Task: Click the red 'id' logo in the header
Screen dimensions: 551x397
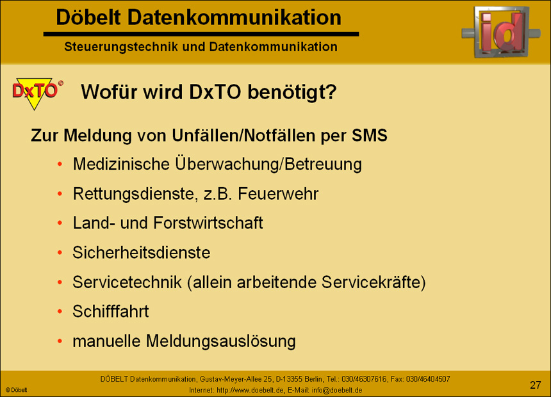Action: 501,31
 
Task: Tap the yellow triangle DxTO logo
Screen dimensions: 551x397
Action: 37,93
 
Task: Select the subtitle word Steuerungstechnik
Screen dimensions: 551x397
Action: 121,47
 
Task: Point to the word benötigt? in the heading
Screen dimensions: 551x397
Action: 292,92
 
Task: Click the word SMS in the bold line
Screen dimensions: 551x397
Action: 370,135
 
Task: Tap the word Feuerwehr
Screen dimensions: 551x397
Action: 278,193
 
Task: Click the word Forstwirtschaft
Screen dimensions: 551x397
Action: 208,223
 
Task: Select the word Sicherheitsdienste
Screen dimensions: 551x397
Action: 141,252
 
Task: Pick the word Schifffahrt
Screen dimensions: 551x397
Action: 111,311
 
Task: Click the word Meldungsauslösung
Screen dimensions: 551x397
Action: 220,341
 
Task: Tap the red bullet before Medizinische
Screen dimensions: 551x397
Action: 60,164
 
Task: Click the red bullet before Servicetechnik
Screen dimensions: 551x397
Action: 60,282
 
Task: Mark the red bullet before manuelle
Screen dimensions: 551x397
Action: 60,341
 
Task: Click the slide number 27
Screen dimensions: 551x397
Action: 535,385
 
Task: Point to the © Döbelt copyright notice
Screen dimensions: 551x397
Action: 17,390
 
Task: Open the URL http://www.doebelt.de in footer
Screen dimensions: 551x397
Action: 250,390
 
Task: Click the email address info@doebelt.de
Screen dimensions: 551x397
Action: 337,390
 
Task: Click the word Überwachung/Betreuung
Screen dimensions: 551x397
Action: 268,164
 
